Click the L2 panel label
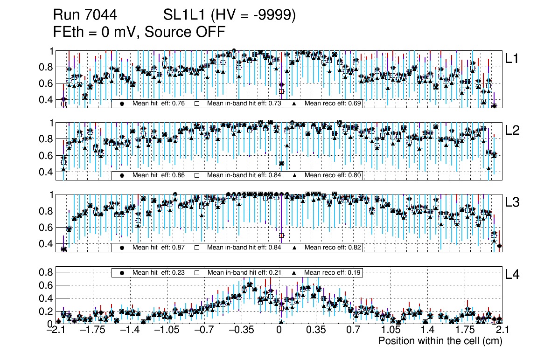point(513,131)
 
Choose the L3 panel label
point(513,202)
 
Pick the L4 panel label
point(513,275)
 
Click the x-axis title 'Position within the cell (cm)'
point(440,341)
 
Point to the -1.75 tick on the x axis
point(92,331)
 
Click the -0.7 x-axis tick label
point(204,331)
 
